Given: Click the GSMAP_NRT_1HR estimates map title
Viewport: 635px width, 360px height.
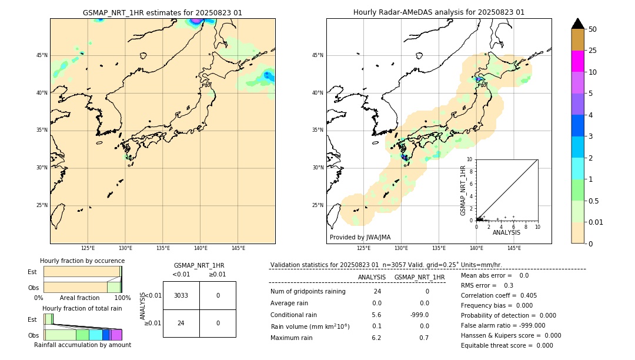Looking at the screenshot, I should click(x=162, y=12).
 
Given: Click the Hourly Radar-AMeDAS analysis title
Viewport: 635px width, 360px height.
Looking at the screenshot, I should click(x=439, y=12).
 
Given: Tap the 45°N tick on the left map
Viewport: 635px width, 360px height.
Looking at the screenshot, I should click(x=42, y=55).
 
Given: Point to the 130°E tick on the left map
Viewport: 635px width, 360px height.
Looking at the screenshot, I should click(x=125, y=249).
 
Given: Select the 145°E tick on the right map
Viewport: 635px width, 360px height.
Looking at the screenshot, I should click(x=514, y=249).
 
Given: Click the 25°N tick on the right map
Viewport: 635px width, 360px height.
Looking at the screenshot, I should click(x=318, y=205).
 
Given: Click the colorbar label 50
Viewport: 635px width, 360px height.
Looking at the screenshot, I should click(x=593, y=29).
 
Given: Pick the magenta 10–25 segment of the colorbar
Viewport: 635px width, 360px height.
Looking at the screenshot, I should click(x=577, y=61).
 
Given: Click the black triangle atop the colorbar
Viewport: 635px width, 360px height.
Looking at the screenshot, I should click(x=577, y=24).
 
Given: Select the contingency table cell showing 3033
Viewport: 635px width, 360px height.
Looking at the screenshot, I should click(x=181, y=295).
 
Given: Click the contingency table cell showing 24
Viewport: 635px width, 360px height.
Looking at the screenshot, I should click(x=181, y=323).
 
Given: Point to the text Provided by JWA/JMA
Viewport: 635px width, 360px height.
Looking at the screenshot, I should click(x=360, y=237).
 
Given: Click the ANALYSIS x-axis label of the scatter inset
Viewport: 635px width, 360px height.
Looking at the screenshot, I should click(x=506, y=232).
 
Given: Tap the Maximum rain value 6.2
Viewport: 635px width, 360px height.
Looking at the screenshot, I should click(x=376, y=338).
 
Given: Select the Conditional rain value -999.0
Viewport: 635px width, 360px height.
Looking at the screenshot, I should click(x=419, y=315).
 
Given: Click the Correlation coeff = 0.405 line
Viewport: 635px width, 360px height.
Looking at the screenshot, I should click(x=499, y=295).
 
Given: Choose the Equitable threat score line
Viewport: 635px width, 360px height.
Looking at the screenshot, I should click(x=507, y=345).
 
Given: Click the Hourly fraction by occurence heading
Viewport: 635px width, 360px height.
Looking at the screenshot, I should click(x=82, y=261).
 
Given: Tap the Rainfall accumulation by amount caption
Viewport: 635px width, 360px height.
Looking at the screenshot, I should click(x=82, y=345).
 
